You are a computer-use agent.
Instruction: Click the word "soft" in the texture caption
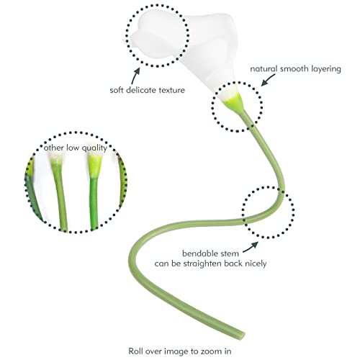117,90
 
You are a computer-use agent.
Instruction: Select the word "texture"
169,90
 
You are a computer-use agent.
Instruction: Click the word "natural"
264,68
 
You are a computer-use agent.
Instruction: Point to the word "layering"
326,69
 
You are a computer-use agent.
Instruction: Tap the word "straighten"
203,264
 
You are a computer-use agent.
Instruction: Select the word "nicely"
256,264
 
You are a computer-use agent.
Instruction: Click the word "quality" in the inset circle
94,148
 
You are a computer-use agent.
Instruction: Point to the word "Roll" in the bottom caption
135,351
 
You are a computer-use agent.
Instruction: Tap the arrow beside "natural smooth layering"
268,80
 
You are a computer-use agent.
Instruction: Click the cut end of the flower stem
241,336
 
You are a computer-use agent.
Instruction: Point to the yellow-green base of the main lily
233,103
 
